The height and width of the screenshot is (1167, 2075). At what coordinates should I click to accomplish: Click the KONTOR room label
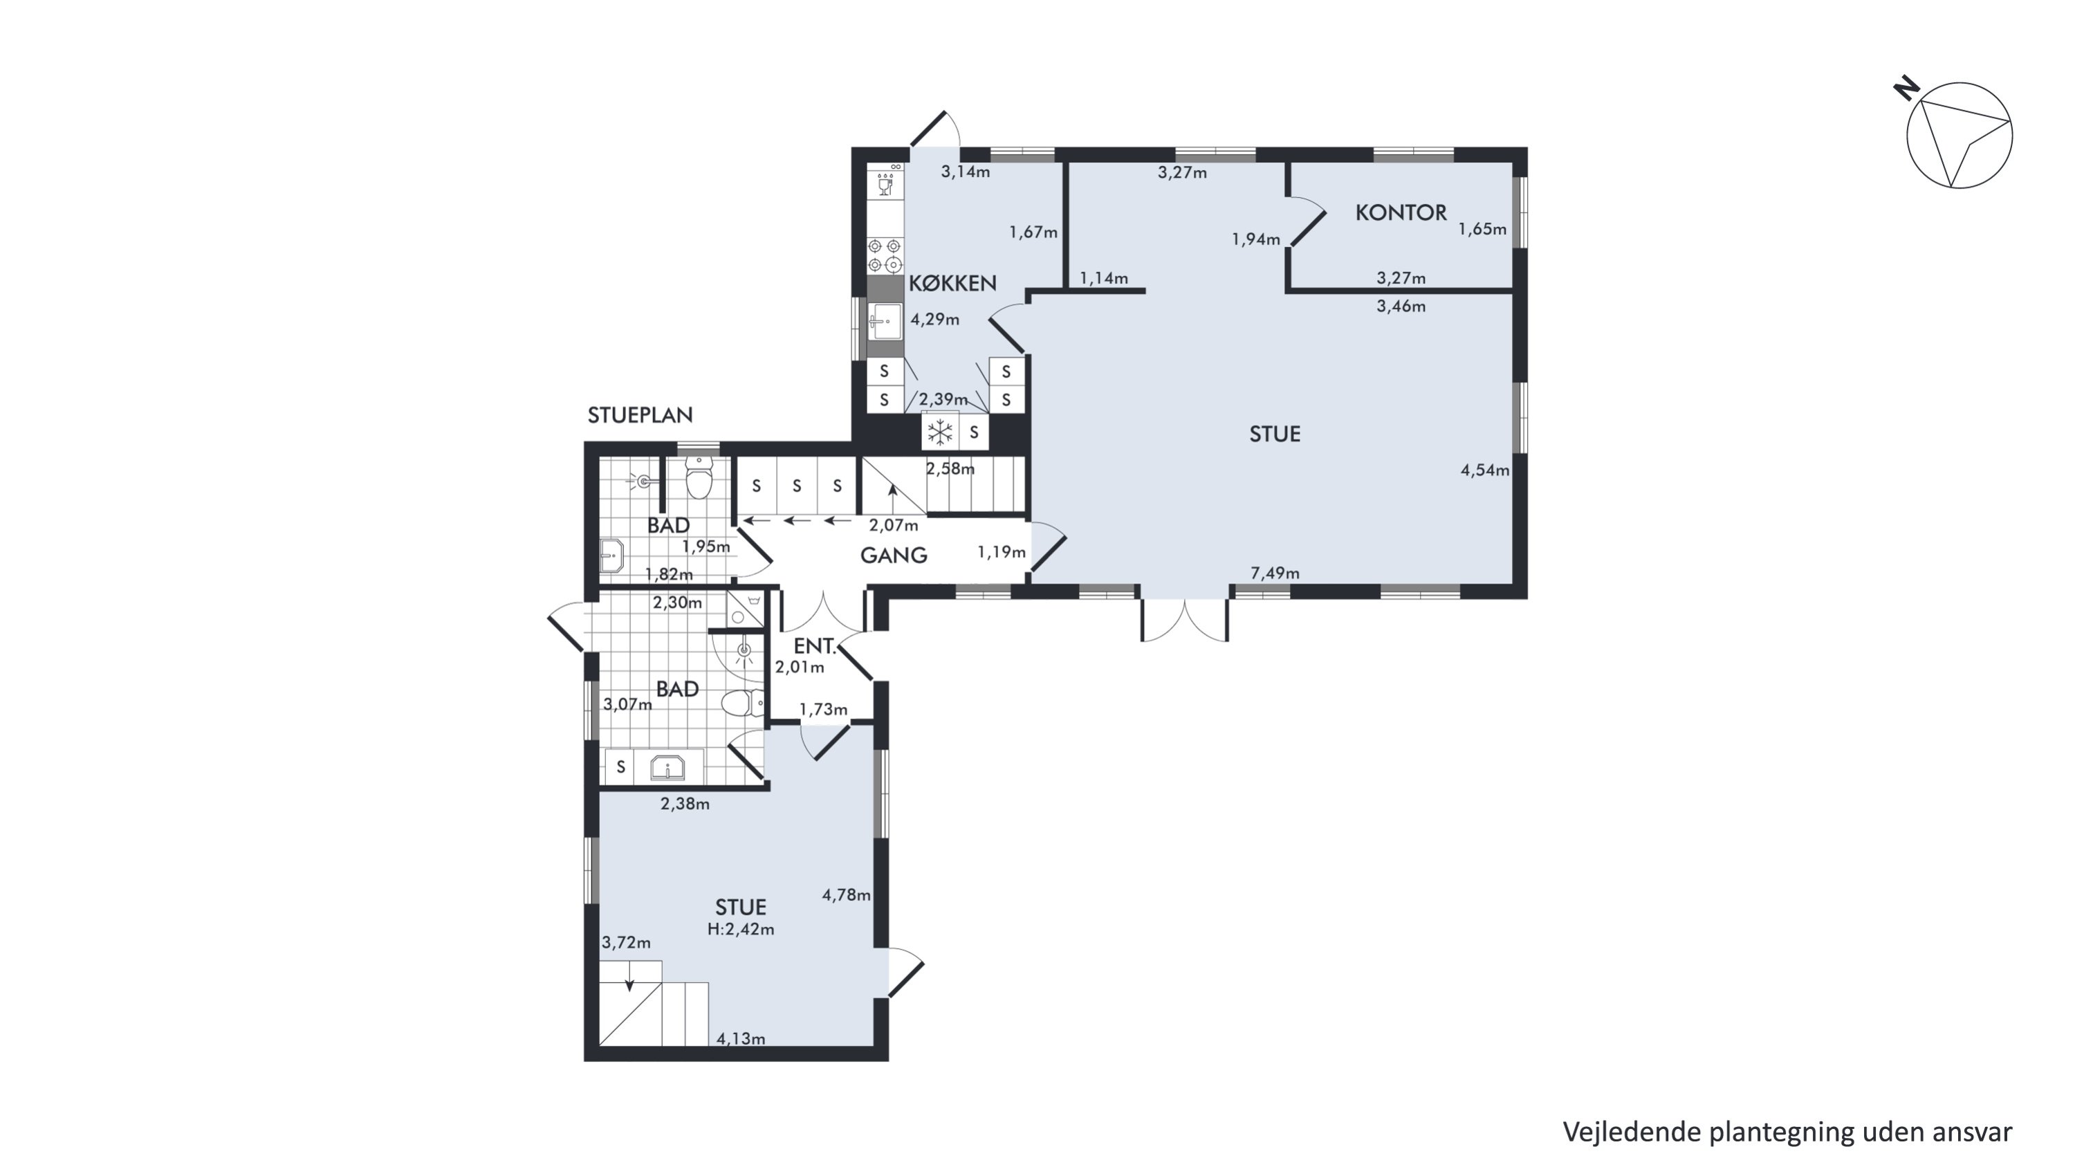coord(1401,212)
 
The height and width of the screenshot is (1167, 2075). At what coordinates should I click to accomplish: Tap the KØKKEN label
coord(953,284)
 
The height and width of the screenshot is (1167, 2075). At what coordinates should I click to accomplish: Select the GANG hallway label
coord(894,555)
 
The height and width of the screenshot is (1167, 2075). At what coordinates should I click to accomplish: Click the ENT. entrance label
coord(814,646)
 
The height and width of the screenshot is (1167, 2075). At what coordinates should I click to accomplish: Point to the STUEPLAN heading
coord(640,415)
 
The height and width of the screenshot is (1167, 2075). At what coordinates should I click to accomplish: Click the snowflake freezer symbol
coord(940,432)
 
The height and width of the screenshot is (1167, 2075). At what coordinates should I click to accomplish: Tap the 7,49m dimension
coord(1275,573)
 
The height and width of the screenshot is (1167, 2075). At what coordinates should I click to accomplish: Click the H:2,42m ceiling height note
coord(741,930)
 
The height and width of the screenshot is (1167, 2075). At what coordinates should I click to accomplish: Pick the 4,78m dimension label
coord(847,894)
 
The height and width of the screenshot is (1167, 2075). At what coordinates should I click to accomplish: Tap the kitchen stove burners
coord(885,255)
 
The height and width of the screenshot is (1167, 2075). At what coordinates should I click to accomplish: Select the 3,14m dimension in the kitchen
coord(966,172)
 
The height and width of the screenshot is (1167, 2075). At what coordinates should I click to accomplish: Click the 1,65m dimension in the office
coord(1482,230)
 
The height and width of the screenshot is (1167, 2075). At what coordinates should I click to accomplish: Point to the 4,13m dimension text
coord(741,1039)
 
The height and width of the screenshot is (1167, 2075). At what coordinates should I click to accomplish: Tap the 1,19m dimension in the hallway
coord(1002,553)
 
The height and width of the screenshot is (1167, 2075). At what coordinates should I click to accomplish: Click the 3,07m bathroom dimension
coord(627,705)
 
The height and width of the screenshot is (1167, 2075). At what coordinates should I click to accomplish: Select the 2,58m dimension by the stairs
coord(950,469)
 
